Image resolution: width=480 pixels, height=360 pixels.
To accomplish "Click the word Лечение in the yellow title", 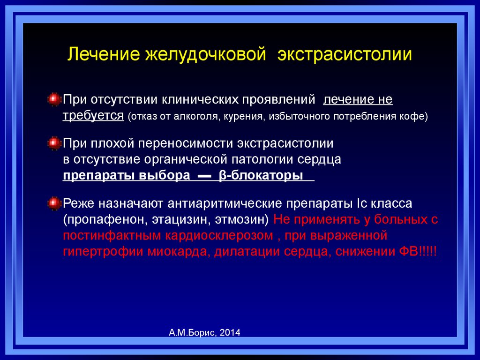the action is click(x=104, y=54).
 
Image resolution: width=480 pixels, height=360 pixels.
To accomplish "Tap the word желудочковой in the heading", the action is click(x=205, y=54).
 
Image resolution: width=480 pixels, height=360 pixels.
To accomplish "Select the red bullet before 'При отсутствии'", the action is click(x=54, y=99).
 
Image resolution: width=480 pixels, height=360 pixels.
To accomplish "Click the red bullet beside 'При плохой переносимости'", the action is click(x=54, y=143).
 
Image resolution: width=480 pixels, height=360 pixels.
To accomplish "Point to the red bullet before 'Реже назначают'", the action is click(x=54, y=203).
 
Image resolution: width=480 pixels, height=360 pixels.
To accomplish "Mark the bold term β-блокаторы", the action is click(x=261, y=175).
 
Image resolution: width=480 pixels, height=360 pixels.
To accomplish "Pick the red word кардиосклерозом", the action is click(x=219, y=236).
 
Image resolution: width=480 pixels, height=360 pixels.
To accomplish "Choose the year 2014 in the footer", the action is click(x=230, y=332).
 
